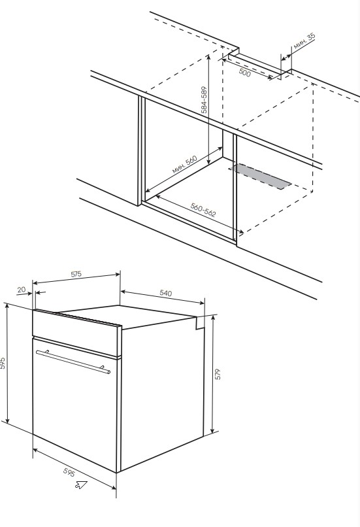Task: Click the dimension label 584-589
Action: click(204, 100)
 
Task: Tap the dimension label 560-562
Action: click(203, 210)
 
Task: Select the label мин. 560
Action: click(184, 164)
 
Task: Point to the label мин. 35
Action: click(304, 41)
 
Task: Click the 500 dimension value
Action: click(245, 73)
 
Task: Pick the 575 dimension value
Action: click(76, 274)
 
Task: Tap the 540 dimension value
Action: click(166, 293)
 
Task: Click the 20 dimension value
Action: click(22, 290)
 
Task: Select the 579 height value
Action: click(218, 374)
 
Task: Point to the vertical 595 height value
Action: click(3, 363)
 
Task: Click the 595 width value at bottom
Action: click(69, 472)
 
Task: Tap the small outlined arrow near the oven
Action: click(81, 484)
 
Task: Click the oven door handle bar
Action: click(73, 362)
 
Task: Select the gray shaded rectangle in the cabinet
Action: click(260, 176)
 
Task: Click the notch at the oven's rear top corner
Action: click(200, 322)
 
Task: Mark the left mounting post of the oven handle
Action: click(47, 352)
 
